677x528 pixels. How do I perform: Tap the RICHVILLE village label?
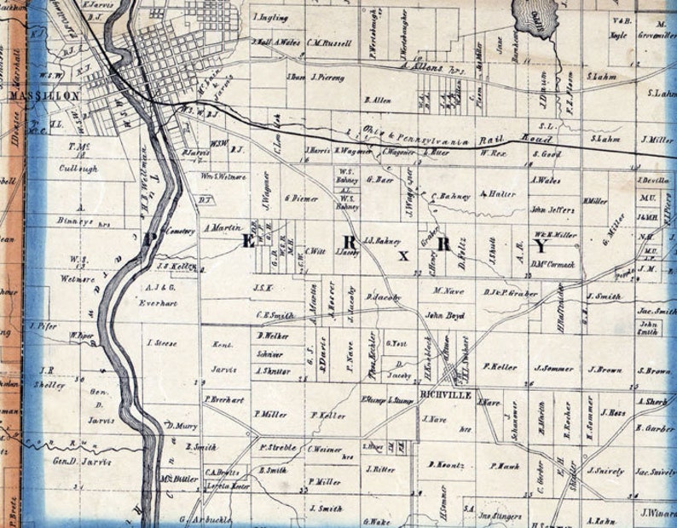click(x=441, y=393)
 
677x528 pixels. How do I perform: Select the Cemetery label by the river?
click(x=180, y=230)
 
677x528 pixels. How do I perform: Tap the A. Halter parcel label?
click(x=498, y=194)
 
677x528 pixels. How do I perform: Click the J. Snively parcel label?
click(x=605, y=470)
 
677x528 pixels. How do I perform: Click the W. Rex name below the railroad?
click(x=494, y=153)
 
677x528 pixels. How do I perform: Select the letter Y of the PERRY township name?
click(x=539, y=246)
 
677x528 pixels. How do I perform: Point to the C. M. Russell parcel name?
click(x=328, y=40)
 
